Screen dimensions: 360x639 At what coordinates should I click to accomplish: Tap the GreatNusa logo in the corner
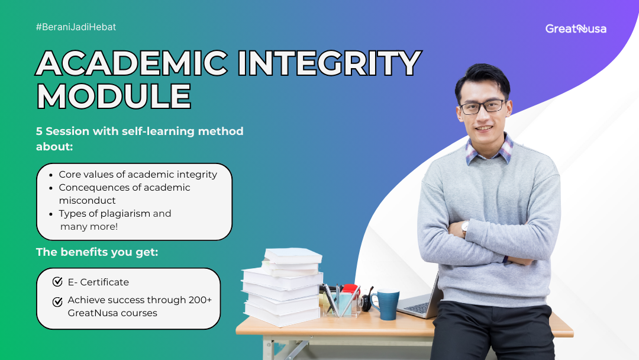576,28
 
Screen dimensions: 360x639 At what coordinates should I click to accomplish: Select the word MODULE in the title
114,96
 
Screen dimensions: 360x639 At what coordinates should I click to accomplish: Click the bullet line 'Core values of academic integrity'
138,175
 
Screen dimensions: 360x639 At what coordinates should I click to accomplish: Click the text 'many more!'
89,227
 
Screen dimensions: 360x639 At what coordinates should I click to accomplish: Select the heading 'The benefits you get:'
97,252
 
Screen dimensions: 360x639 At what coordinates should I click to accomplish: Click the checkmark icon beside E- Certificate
57,282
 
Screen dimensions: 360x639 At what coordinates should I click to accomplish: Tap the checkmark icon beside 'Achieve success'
57,301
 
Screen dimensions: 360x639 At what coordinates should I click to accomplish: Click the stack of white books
283,287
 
